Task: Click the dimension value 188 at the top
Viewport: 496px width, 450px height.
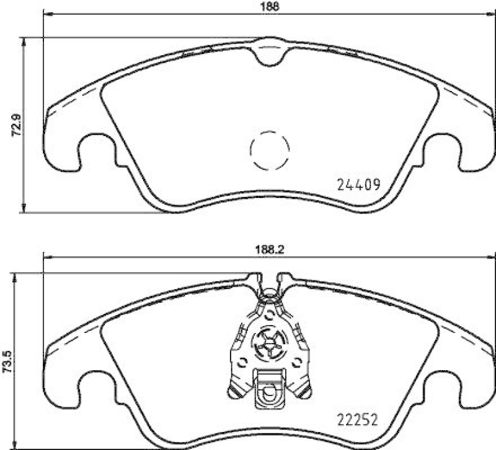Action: coord(268,7)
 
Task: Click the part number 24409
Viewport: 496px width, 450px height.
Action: coord(358,184)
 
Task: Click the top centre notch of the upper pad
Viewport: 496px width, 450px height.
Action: coord(269,53)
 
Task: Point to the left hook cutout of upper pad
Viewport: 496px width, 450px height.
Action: coord(96,149)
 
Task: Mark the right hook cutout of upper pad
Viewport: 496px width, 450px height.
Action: coord(443,149)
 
